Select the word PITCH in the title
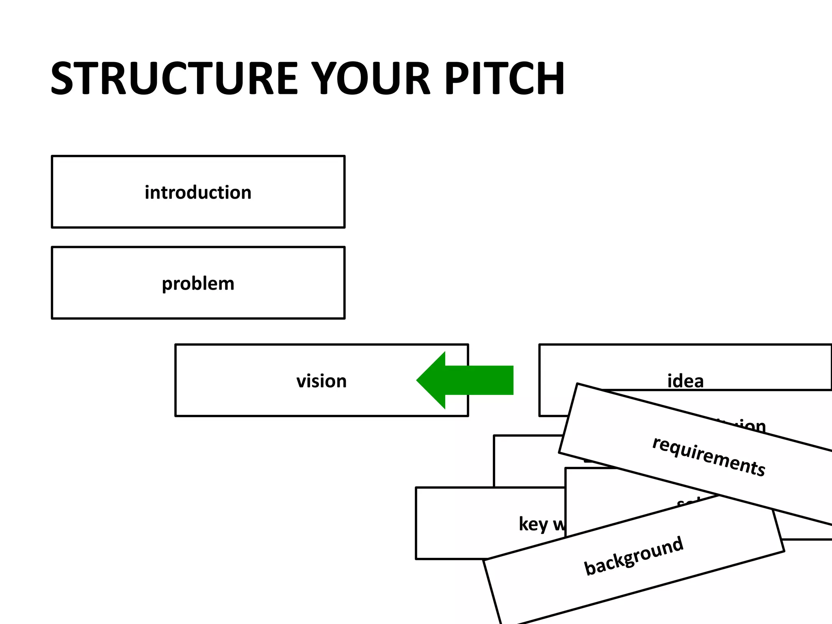(504, 78)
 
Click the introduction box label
(198, 192)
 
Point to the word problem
(198, 284)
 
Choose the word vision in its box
(321, 381)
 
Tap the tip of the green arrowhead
(417, 380)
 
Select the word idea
(685, 381)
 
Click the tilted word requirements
(708, 456)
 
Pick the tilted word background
(633, 556)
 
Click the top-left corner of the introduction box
(52, 156)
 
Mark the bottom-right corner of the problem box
(344, 318)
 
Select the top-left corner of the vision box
(175, 344)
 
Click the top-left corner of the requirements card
(577, 384)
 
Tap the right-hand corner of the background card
(784, 551)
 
